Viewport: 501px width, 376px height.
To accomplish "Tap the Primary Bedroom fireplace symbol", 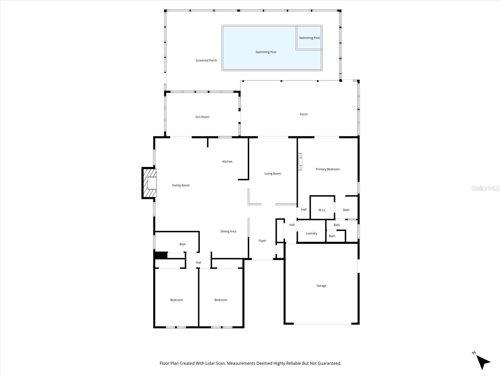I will coord(300,162).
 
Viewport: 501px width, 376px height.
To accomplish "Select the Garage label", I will coord(321,286).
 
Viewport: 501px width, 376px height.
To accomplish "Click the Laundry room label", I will coord(311,233).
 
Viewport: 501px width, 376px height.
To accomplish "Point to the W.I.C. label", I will coord(322,210).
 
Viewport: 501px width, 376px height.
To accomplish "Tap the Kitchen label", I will coord(227,162).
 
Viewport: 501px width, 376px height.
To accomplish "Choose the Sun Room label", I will coord(202,117).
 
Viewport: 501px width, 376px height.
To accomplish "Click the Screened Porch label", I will coord(206,60).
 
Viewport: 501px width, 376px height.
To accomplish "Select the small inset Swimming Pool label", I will coord(309,38).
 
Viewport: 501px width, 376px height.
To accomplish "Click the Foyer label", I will coord(262,241).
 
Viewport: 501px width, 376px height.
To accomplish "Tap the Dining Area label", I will coord(228,232).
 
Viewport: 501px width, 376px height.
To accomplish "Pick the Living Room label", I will coord(272,174).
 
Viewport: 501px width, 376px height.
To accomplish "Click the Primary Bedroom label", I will coord(328,169).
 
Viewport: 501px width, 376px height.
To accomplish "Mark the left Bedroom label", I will coord(176,300).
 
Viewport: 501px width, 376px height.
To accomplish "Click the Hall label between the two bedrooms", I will coord(198,263).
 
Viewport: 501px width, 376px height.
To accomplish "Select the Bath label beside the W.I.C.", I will coord(346,210).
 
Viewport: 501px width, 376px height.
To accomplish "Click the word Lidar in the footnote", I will coord(220,363).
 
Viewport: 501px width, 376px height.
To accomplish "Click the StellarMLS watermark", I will coord(486,188).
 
